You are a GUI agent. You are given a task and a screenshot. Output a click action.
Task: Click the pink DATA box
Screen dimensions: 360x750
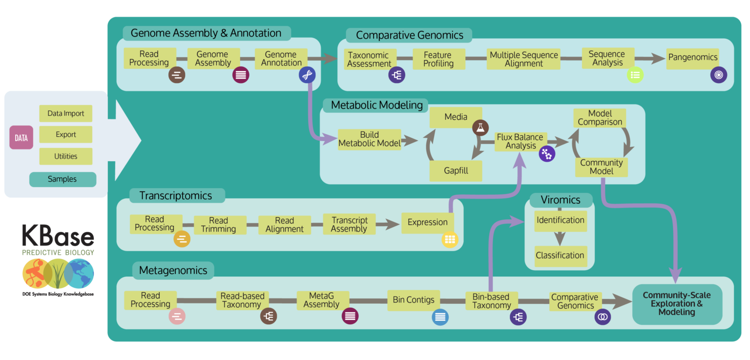tap(21, 138)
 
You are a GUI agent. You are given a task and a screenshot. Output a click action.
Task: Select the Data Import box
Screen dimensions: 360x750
tap(65, 114)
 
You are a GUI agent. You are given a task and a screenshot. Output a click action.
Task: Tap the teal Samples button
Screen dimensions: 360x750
tap(62, 179)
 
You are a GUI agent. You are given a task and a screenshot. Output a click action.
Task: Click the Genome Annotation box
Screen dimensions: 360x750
tap(281, 59)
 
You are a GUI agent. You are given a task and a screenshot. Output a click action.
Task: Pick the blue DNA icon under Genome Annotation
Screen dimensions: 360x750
tap(307, 75)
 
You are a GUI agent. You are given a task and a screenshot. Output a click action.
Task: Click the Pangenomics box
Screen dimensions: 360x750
tap(693, 58)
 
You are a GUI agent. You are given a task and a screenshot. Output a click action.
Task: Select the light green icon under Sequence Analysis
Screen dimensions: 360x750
tap(635, 75)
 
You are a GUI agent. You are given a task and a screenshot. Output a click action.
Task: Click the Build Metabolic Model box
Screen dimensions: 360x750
tap(369, 139)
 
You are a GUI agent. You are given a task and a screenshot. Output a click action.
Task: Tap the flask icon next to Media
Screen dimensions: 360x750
tap(480, 127)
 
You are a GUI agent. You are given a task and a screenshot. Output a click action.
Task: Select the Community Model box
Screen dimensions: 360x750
tap(601, 167)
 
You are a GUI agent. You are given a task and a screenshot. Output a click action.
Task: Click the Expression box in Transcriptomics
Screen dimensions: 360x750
tap(427, 222)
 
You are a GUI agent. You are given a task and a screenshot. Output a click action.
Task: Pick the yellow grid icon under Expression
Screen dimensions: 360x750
tap(450, 239)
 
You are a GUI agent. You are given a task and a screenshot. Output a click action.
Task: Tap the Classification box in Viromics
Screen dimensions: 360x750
tap(560, 255)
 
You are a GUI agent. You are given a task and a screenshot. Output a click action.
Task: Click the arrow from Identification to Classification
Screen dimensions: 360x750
tap(560, 238)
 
